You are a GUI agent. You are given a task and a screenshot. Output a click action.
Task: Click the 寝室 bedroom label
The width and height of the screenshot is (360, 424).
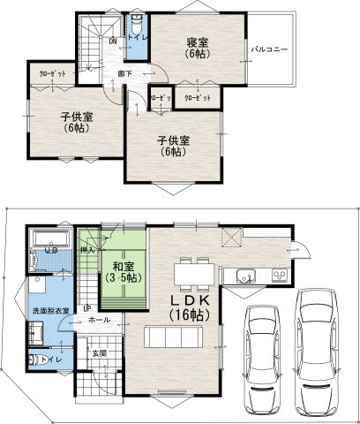196,42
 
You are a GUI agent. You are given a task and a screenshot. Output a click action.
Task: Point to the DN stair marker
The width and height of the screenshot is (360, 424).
113,41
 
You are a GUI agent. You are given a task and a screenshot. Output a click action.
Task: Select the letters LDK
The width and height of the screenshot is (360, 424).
191,300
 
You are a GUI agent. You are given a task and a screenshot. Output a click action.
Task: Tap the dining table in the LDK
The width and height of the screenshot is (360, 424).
191,272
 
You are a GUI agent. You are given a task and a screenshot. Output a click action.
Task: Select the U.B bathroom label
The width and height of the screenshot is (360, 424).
52,251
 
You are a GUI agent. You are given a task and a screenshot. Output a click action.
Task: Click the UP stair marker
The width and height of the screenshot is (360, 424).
86,308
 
